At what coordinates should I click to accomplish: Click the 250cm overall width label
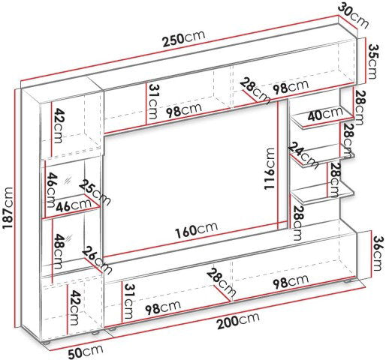point(184,39)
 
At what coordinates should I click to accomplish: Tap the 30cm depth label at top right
point(354,15)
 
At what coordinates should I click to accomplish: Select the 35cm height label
point(372,61)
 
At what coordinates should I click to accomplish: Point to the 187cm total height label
point(8,208)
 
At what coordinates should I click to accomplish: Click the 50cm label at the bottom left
point(86,350)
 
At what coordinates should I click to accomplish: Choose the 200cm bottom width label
point(238,320)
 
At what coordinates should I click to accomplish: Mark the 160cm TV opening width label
point(196,230)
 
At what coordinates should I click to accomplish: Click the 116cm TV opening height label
point(270,169)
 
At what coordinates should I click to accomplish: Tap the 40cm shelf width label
point(325,114)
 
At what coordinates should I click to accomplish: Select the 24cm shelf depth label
point(303,155)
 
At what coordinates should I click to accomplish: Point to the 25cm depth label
point(95,192)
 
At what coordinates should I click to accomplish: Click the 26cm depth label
point(97,259)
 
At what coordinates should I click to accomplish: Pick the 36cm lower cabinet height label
point(378,253)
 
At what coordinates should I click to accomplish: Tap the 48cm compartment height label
point(59,251)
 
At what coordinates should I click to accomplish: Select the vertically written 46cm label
point(52,190)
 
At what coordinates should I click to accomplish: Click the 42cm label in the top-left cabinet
point(58,125)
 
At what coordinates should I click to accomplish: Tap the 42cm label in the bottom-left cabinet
point(74,307)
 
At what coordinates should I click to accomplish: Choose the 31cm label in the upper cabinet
point(153,101)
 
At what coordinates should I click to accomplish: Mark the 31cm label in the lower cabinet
point(128,301)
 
